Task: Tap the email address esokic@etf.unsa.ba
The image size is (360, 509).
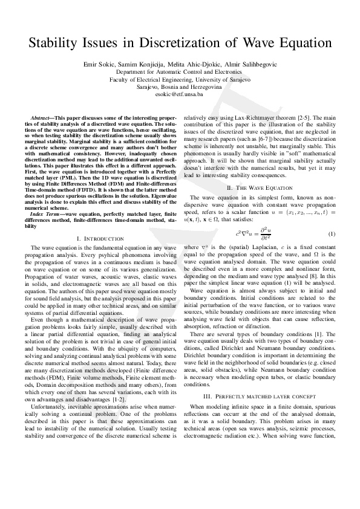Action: [x=179, y=95]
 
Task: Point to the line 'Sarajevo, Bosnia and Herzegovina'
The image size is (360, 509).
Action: [x=179, y=87]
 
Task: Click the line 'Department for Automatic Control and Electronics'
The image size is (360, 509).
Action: [x=179, y=71]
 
